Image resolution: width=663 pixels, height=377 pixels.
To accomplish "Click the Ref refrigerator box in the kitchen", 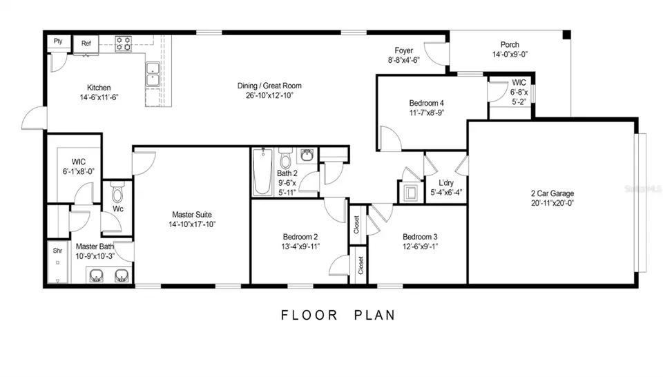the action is click(86, 44).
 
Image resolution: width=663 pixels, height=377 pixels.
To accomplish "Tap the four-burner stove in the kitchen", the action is click(124, 43).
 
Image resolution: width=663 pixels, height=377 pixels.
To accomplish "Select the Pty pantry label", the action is click(58, 41).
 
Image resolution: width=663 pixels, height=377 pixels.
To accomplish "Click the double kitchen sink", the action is click(153, 75).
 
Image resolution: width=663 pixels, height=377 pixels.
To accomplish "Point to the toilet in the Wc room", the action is click(117, 193).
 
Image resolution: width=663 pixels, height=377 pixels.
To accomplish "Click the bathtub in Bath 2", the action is click(263, 172).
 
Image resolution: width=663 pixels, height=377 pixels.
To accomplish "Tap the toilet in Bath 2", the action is click(286, 158).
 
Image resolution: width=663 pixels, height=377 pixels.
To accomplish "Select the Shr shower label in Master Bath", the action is click(57, 251).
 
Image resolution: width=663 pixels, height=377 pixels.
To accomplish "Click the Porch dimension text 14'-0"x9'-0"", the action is click(510, 54).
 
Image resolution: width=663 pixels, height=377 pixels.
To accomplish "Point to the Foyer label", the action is click(404, 50).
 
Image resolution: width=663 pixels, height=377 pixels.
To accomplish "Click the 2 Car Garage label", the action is click(552, 193).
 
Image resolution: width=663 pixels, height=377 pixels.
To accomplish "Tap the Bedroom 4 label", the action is click(427, 103).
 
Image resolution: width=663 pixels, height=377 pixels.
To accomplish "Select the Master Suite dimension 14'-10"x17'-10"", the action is click(192, 224).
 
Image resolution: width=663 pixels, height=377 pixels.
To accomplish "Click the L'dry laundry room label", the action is click(446, 182).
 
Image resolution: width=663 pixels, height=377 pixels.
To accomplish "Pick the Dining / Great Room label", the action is click(269, 86).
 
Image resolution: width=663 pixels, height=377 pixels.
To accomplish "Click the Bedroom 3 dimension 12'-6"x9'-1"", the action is click(420, 246).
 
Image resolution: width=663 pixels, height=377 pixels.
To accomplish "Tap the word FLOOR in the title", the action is click(309, 316).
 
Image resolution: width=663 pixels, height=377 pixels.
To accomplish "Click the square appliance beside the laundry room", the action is click(410, 193).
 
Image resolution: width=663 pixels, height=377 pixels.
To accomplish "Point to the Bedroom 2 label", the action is click(300, 237).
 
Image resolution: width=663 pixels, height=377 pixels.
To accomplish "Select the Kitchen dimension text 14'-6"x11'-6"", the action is click(99, 97).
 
